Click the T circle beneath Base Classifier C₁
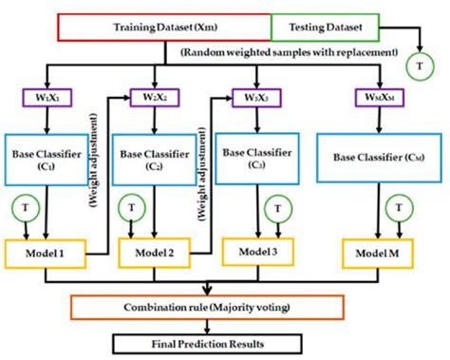[26, 208]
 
